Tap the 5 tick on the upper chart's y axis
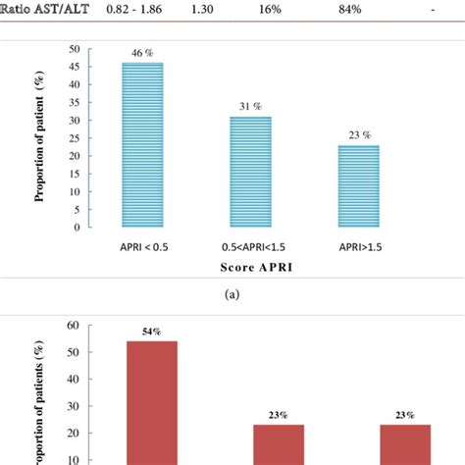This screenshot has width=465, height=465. [77, 209]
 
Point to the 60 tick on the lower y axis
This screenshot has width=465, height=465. [72, 326]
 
